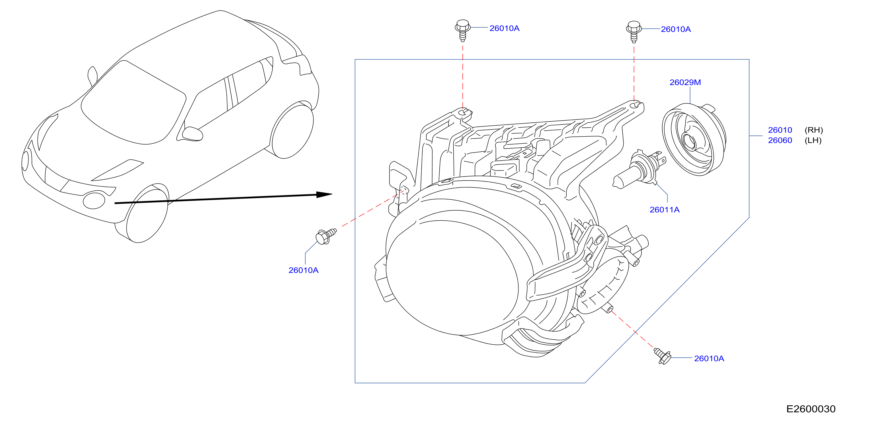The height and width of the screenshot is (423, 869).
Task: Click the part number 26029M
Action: (x=685, y=82)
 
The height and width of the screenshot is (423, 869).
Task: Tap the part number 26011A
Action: (x=664, y=210)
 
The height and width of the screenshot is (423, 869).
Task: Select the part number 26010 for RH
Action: (x=780, y=130)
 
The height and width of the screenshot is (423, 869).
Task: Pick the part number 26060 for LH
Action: (x=780, y=140)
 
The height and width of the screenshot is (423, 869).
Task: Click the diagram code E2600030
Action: (x=811, y=409)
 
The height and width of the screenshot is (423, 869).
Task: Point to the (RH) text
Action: (x=814, y=130)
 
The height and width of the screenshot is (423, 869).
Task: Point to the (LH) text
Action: (x=813, y=140)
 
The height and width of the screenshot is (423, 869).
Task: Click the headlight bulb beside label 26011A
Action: (x=639, y=170)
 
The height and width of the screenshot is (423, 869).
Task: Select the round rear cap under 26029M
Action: (x=694, y=139)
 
